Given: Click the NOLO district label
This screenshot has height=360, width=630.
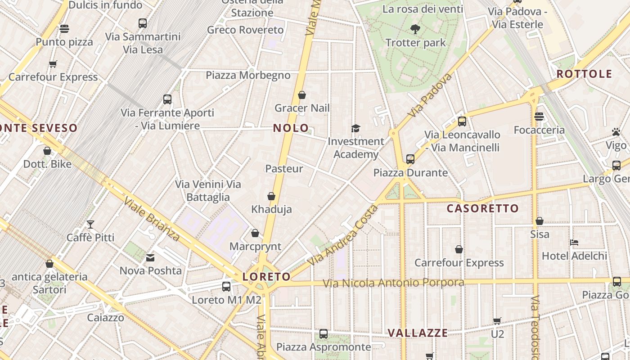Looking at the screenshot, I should pyautogui.click(x=291, y=128).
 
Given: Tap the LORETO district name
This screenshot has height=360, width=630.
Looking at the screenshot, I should pyautogui.click(x=266, y=276).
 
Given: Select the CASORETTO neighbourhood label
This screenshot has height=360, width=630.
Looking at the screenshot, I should pyautogui.click(x=482, y=208).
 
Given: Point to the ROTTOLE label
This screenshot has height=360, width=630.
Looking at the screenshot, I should pyautogui.click(x=584, y=74).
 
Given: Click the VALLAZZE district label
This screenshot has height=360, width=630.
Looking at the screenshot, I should pyautogui.click(x=418, y=333).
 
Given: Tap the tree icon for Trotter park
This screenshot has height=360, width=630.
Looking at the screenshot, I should pyautogui.click(x=415, y=30).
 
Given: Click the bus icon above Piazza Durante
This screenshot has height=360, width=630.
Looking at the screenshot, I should pyautogui.click(x=410, y=159).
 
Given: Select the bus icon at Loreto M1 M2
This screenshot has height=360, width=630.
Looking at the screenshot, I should pyautogui.click(x=226, y=286).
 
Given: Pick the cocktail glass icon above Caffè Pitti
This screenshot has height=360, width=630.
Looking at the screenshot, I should pyautogui.click(x=90, y=224).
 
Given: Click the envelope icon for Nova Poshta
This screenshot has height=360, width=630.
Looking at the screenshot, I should pyautogui.click(x=150, y=258).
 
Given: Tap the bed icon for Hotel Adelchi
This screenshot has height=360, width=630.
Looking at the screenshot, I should pyautogui.click(x=574, y=243).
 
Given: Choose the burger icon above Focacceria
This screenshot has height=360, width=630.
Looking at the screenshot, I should pyautogui.click(x=539, y=117).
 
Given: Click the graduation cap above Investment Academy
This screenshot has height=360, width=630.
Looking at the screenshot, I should pyautogui.click(x=355, y=129).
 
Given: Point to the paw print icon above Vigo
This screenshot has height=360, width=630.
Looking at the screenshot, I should pyautogui.click(x=616, y=132).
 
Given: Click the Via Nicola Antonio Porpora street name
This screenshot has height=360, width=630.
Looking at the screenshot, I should pyautogui.click(x=393, y=283).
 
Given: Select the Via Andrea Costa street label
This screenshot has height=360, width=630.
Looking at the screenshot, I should pyautogui.click(x=342, y=235).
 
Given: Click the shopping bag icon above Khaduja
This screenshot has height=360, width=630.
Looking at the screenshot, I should pyautogui.click(x=271, y=196).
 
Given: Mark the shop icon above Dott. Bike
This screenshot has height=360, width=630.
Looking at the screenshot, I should pyautogui.click(x=47, y=151).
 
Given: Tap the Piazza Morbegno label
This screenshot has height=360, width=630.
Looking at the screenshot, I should pyautogui.click(x=248, y=75).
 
